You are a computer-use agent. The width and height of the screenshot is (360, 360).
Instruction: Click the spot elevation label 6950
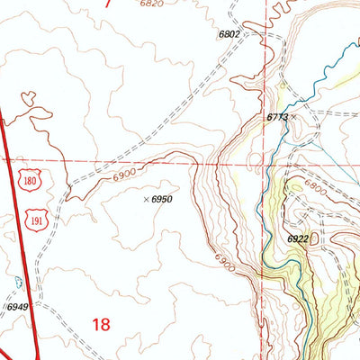pos(161,198)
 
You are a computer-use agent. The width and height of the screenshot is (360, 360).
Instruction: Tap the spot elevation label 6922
pos(298,239)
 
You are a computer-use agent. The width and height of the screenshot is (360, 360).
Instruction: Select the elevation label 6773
pos(277,117)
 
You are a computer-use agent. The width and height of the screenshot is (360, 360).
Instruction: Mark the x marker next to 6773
pos(293,117)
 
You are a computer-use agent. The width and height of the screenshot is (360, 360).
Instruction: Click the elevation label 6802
pos(229,34)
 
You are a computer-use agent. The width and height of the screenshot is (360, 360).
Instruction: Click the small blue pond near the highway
pos(18,280)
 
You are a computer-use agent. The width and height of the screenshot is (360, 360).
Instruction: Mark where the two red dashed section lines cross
pos(266,165)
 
